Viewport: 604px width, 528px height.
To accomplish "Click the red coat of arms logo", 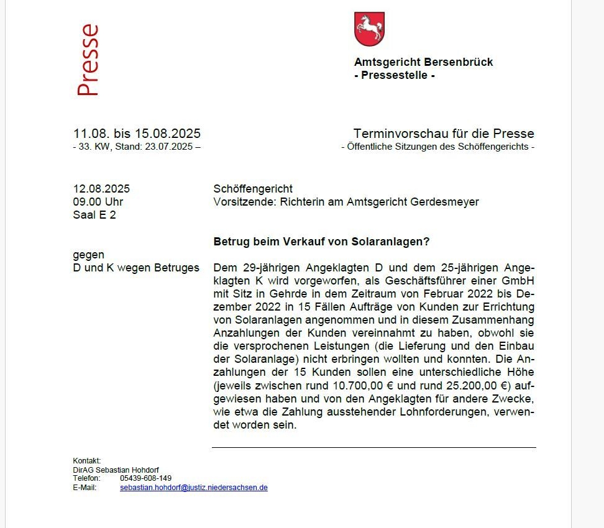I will pos(369,29).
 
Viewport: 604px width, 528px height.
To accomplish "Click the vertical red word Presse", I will pos(88,60).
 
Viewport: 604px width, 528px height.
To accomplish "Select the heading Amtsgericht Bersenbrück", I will pos(423,62).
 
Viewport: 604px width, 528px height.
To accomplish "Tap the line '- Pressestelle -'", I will pos(394,76).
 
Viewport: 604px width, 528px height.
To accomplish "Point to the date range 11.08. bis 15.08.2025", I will pos(137,134).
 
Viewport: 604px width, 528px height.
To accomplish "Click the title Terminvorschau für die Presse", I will pos(444,134).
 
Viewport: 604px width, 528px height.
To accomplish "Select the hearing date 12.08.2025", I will pos(101,189).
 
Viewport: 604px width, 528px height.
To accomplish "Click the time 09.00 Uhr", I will pos(98,202).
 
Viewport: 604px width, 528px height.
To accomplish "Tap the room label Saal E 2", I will pos(94,215).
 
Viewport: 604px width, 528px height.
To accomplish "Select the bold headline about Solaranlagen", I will pos(321,241).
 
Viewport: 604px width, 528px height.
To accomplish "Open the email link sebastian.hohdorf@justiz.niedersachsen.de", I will pos(194,488).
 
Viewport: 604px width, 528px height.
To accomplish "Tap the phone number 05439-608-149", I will pos(146,478).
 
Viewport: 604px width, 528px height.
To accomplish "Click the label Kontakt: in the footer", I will pos(87,460).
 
